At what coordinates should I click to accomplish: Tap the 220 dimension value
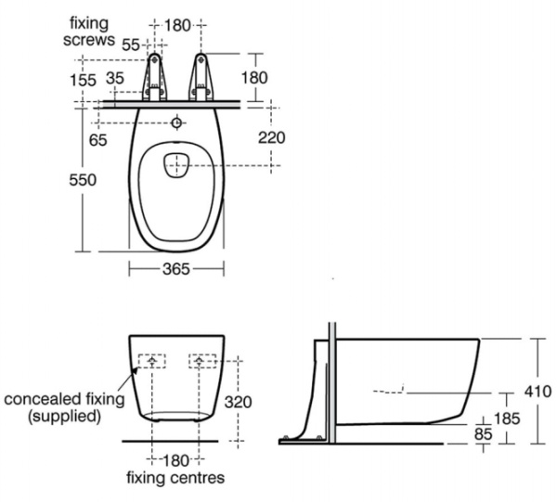271,137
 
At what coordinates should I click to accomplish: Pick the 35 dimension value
115,80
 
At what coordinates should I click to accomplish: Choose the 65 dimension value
97,139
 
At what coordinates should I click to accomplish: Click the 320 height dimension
239,402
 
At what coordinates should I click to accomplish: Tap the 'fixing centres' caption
175,480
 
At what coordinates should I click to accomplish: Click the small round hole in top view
177,122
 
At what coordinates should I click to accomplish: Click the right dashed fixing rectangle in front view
202,361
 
